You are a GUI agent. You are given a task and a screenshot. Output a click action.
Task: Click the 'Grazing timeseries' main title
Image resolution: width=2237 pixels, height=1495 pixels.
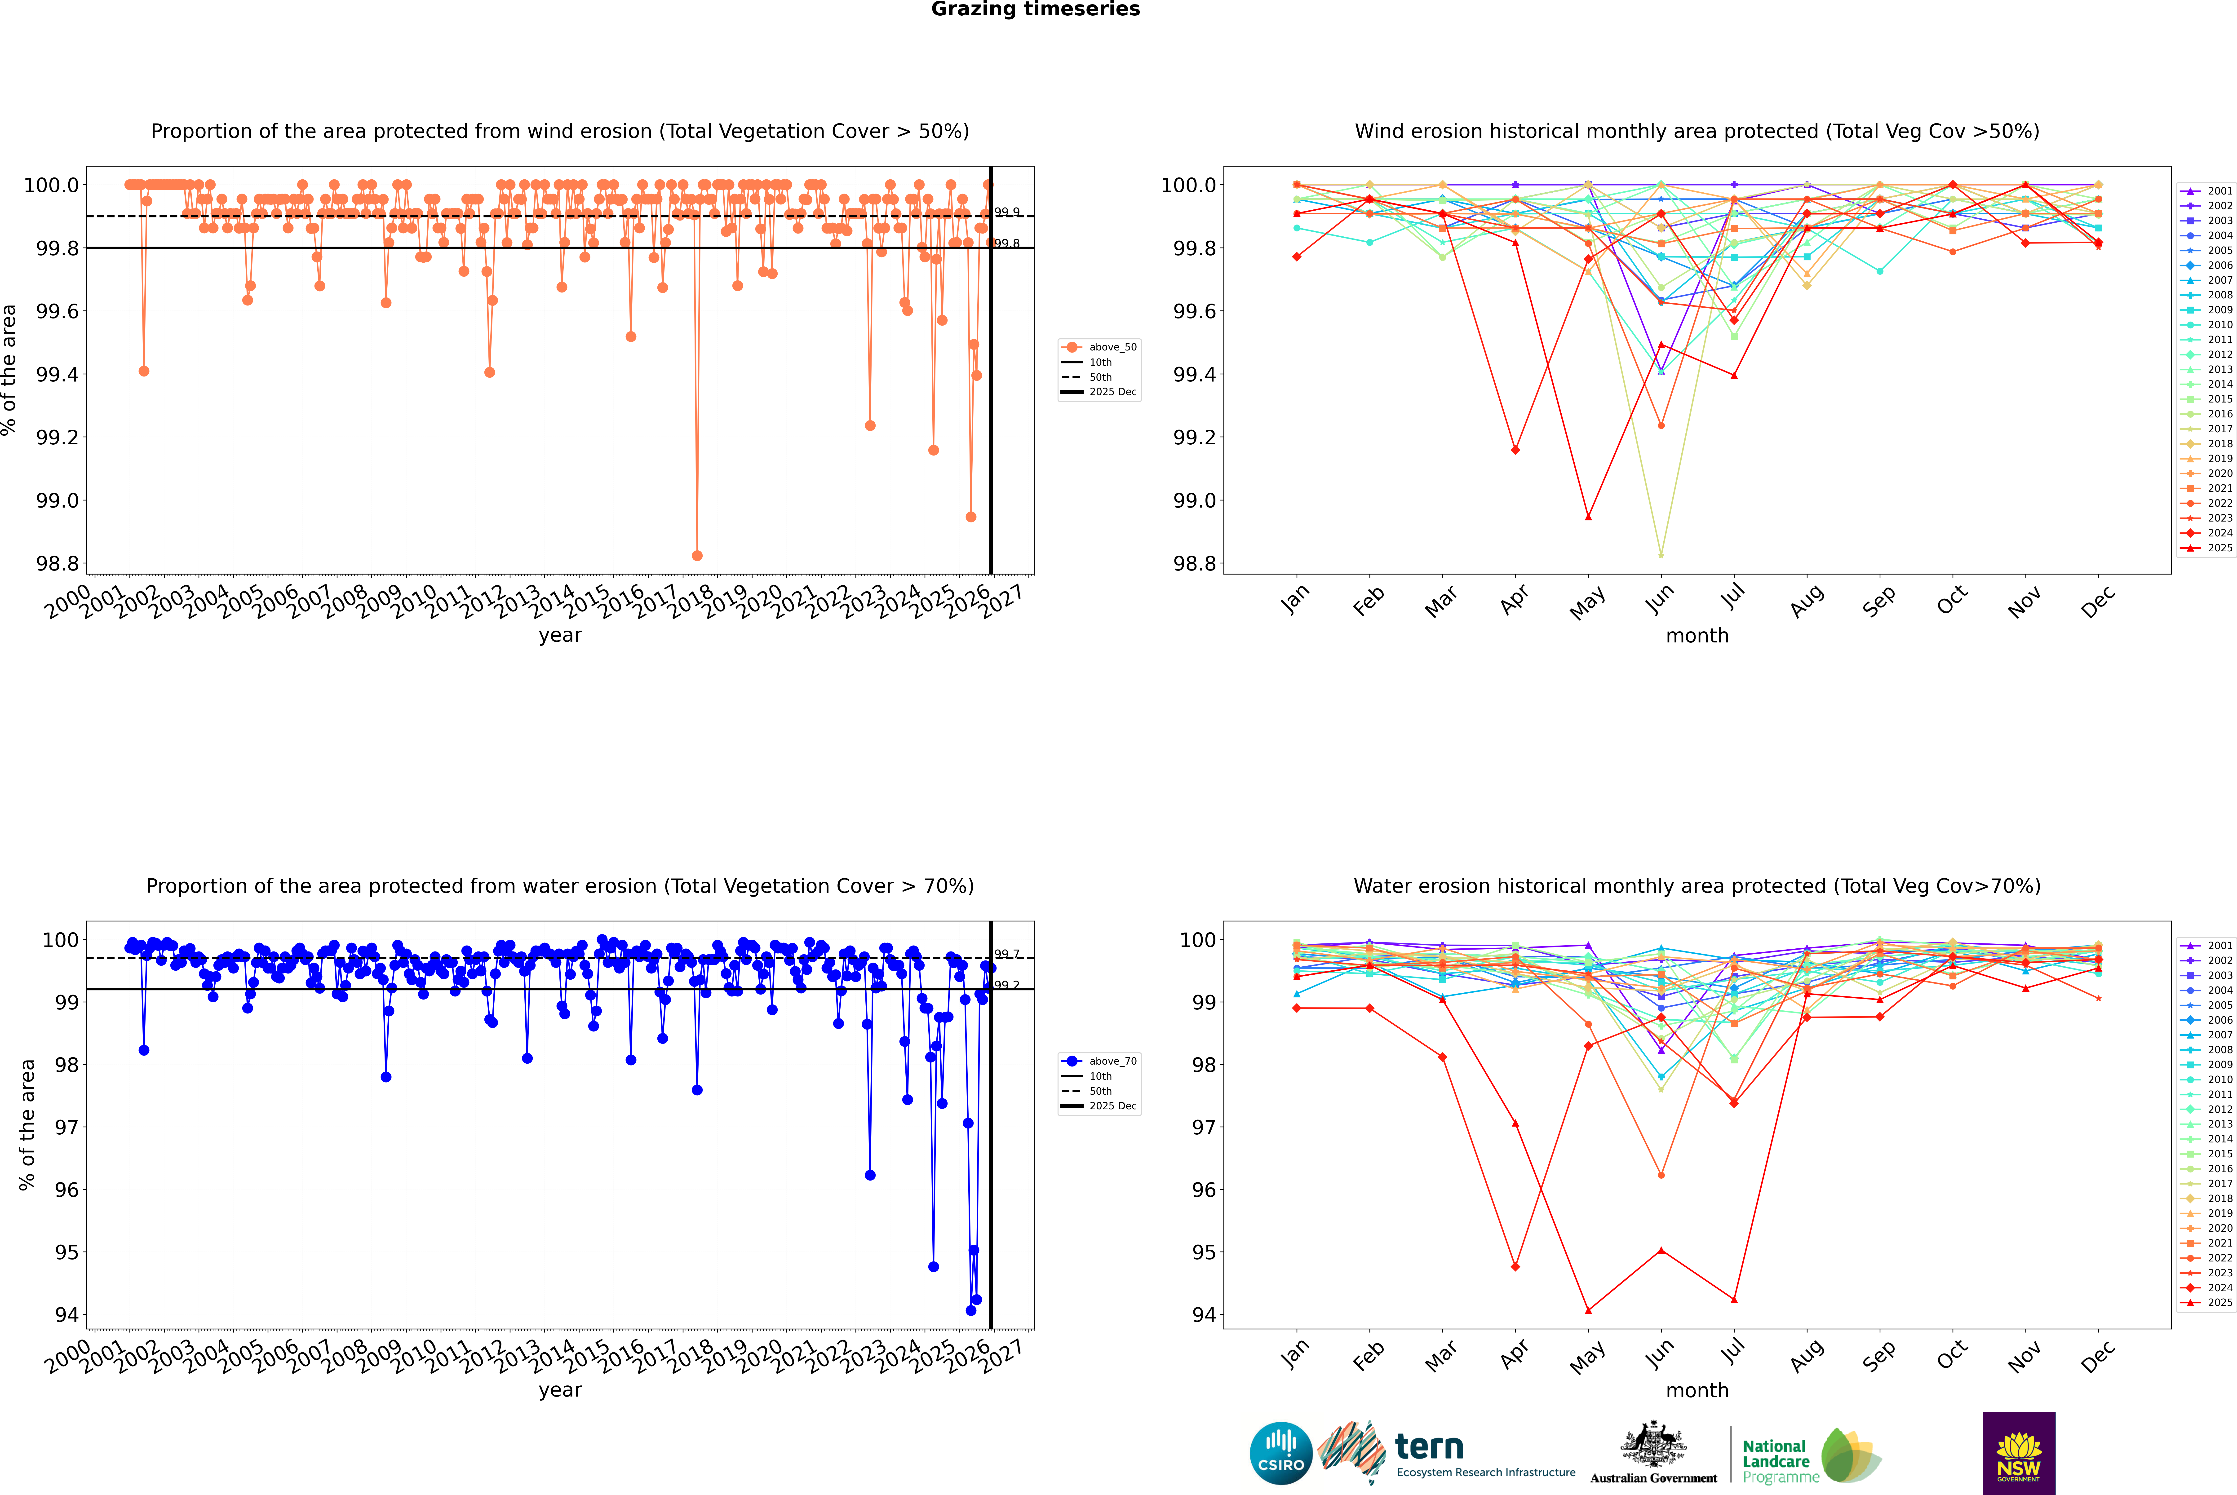pos(1036,9)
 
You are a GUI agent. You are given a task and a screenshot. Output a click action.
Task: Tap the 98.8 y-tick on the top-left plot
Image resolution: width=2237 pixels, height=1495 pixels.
pos(57,563)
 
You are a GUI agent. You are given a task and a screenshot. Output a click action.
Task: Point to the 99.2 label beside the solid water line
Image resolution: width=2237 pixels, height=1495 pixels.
pos(1007,985)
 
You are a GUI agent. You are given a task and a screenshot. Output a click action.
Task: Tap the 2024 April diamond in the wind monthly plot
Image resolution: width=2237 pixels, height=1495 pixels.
pos(1515,450)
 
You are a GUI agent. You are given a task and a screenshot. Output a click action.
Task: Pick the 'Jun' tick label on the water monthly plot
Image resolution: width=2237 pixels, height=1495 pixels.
pos(1660,1355)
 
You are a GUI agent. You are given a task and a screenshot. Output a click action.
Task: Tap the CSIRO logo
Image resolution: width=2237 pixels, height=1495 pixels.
pos(1281,1453)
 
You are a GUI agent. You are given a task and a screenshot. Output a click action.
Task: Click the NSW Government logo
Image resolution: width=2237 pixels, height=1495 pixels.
pos(2019,1453)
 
